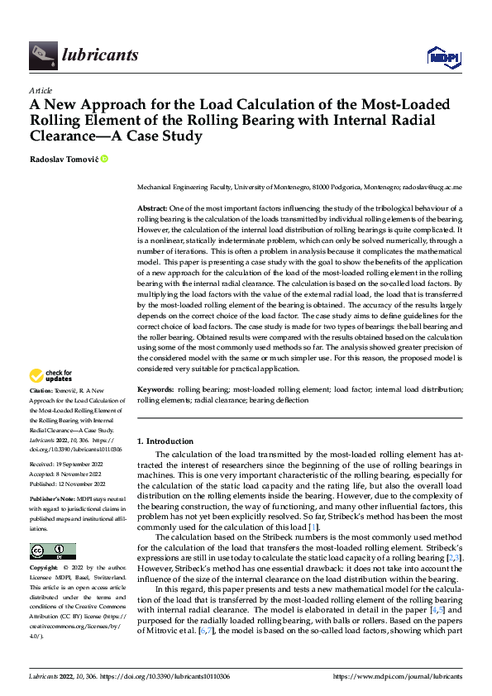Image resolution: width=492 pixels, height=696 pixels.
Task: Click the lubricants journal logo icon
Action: [x=42, y=55]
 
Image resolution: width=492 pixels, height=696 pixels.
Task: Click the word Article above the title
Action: [x=41, y=90]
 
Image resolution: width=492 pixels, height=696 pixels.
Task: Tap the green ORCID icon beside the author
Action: [x=104, y=158]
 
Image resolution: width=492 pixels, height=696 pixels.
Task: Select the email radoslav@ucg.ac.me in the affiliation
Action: [x=433, y=188]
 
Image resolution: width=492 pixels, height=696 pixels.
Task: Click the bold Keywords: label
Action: [x=155, y=388]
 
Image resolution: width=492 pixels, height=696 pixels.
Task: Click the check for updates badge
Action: [x=52, y=377]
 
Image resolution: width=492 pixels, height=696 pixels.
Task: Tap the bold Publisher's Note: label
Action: [x=52, y=500]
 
